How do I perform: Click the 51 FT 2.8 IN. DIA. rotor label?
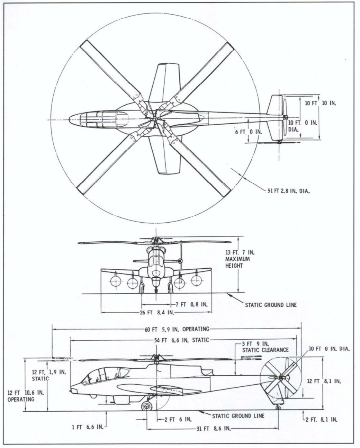click(288, 191)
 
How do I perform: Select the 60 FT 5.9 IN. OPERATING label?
click(177, 329)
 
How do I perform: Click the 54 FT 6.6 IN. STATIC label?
click(182, 340)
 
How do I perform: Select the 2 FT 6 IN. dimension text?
click(178, 419)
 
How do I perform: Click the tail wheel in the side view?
click(278, 408)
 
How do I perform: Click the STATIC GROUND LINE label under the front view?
click(271, 305)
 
